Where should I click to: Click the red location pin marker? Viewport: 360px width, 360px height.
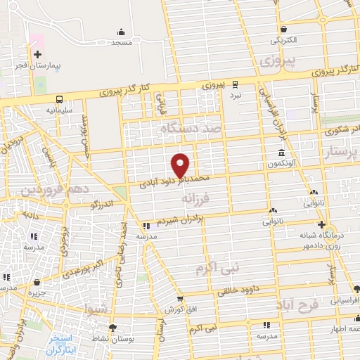pyautogui.click(x=181, y=165)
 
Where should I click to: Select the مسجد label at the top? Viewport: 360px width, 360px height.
pyautogui.click(x=122, y=42)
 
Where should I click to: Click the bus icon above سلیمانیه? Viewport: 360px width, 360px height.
pyautogui.click(x=60, y=99)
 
